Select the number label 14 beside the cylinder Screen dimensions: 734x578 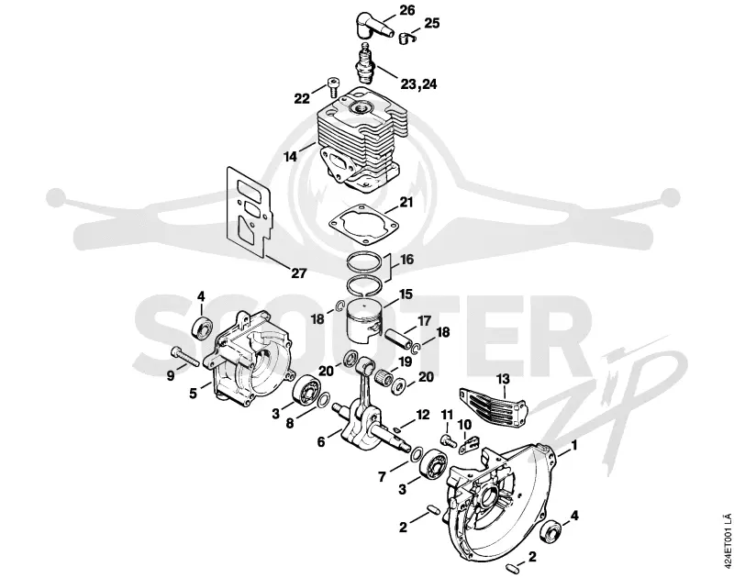[291, 156]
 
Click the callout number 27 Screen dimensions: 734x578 [298, 273]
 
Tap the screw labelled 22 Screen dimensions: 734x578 [332, 86]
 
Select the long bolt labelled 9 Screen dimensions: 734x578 [185, 357]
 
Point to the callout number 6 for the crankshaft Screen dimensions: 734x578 [321, 442]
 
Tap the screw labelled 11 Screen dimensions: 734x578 [449, 439]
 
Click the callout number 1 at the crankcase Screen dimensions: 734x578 [574, 445]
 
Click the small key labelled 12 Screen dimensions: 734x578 [397, 429]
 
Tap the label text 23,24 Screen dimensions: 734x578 [418, 84]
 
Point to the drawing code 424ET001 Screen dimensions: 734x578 [727, 539]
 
